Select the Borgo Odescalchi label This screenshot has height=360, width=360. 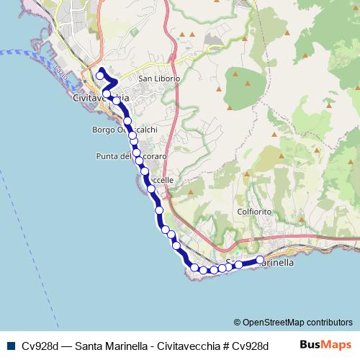[x=125, y=130]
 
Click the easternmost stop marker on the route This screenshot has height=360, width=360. [x=260, y=260]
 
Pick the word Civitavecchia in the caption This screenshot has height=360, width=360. [x=166, y=345]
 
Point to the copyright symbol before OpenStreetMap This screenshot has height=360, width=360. [x=237, y=322]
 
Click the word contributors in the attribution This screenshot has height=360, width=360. [x=328, y=322]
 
